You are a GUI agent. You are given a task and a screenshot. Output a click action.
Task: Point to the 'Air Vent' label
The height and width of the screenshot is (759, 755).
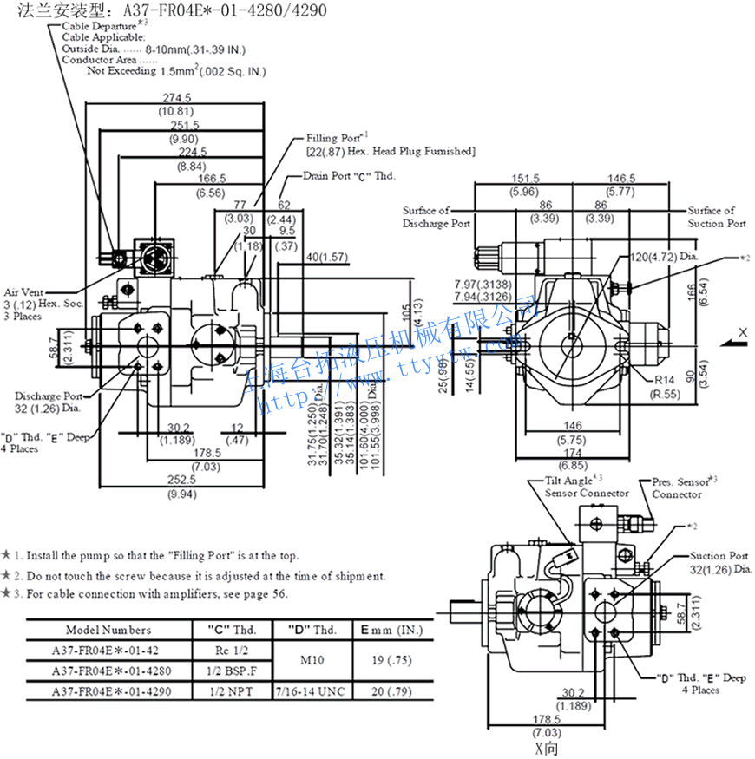[23, 292]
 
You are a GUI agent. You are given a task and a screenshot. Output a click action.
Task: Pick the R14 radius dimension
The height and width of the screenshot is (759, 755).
[665, 380]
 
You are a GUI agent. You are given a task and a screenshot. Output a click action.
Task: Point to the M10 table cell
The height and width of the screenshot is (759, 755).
[312, 660]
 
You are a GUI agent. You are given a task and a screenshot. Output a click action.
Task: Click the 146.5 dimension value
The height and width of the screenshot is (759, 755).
[620, 177]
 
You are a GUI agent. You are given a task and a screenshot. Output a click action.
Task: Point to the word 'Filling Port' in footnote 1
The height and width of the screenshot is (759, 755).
[200, 555]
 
